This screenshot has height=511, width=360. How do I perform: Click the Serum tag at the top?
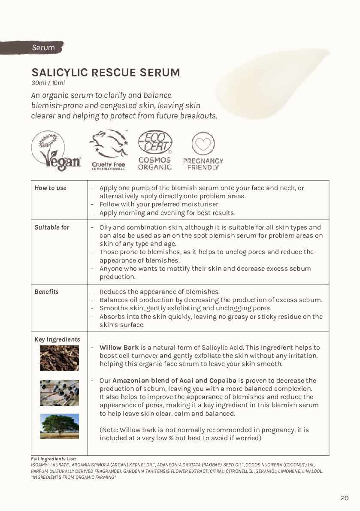point(43,48)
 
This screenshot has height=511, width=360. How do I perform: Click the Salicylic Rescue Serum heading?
point(106,73)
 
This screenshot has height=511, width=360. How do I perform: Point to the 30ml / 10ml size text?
point(48,83)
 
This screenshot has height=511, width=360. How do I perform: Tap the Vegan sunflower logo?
point(55,151)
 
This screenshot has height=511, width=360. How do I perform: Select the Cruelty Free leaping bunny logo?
point(109,150)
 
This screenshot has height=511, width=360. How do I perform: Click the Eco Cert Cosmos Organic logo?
point(155,150)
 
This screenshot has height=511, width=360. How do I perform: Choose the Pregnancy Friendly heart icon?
point(203,144)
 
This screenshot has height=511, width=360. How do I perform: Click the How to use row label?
point(51,188)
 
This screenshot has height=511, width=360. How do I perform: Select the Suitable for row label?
point(52,227)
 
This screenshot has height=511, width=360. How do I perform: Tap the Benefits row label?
point(47,292)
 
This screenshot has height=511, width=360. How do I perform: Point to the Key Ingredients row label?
point(57,339)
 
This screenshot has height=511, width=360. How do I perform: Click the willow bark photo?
point(60,358)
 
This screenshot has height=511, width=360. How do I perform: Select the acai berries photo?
point(60,393)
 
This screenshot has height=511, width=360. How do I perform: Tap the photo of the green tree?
point(60,426)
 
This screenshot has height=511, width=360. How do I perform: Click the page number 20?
point(345,498)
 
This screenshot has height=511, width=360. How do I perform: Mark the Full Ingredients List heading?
point(54,459)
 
